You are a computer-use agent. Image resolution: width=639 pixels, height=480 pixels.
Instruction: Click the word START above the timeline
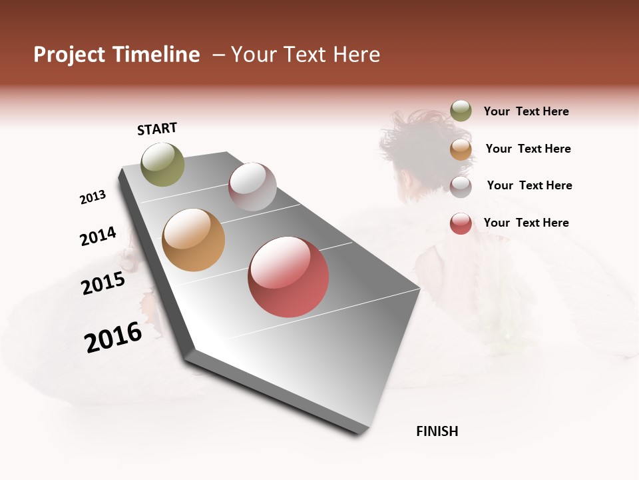pos(157,129)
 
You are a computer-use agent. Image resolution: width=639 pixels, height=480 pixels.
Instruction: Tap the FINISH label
pos(437,431)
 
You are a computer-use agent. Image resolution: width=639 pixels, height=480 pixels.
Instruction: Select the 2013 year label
pos(93,197)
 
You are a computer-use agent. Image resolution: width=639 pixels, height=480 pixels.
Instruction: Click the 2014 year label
pos(98,236)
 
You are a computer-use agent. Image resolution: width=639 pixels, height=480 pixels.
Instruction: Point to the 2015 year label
pos(103,283)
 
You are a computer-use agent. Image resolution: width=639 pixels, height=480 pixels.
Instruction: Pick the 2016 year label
pos(113,337)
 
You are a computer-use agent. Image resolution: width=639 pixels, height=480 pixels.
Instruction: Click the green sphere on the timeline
pos(162,164)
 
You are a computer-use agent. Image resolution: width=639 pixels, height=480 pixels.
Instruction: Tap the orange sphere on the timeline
pos(193,240)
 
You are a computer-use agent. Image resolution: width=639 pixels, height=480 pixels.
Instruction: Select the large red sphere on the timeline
pos(288,277)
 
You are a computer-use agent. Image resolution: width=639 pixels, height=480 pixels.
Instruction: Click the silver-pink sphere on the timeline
pos(252,187)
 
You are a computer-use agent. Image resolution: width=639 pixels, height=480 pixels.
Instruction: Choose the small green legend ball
pos(461,111)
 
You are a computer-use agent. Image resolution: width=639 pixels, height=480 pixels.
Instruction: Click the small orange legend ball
pos(461,149)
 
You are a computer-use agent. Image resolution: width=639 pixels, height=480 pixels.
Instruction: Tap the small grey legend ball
pos(461,186)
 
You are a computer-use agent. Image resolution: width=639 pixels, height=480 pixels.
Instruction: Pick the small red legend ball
pos(461,223)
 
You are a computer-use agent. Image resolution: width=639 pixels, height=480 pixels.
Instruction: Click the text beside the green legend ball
pos(526,112)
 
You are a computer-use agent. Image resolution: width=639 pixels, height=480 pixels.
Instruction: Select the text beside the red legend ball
pos(526,223)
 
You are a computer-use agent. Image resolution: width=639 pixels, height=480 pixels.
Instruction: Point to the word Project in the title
pos(69,55)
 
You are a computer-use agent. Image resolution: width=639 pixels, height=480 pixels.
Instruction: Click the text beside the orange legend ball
pos(528,149)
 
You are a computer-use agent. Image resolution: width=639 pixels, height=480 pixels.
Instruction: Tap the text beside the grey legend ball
pos(529,185)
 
